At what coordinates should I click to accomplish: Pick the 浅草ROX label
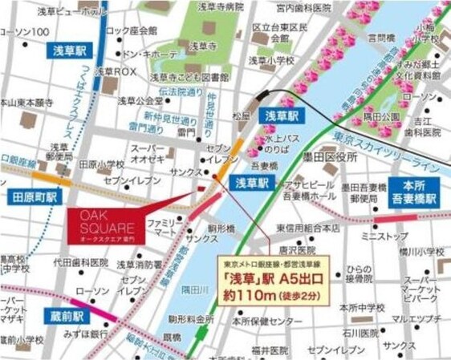[x=117, y=71]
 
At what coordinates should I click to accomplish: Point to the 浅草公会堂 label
[x=138, y=101]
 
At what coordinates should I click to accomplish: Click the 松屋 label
[x=241, y=115]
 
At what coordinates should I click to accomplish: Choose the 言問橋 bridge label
[x=383, y=38]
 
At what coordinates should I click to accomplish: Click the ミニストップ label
[x=380, y=237]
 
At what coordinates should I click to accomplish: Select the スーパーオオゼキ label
[x=148, y=154]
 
